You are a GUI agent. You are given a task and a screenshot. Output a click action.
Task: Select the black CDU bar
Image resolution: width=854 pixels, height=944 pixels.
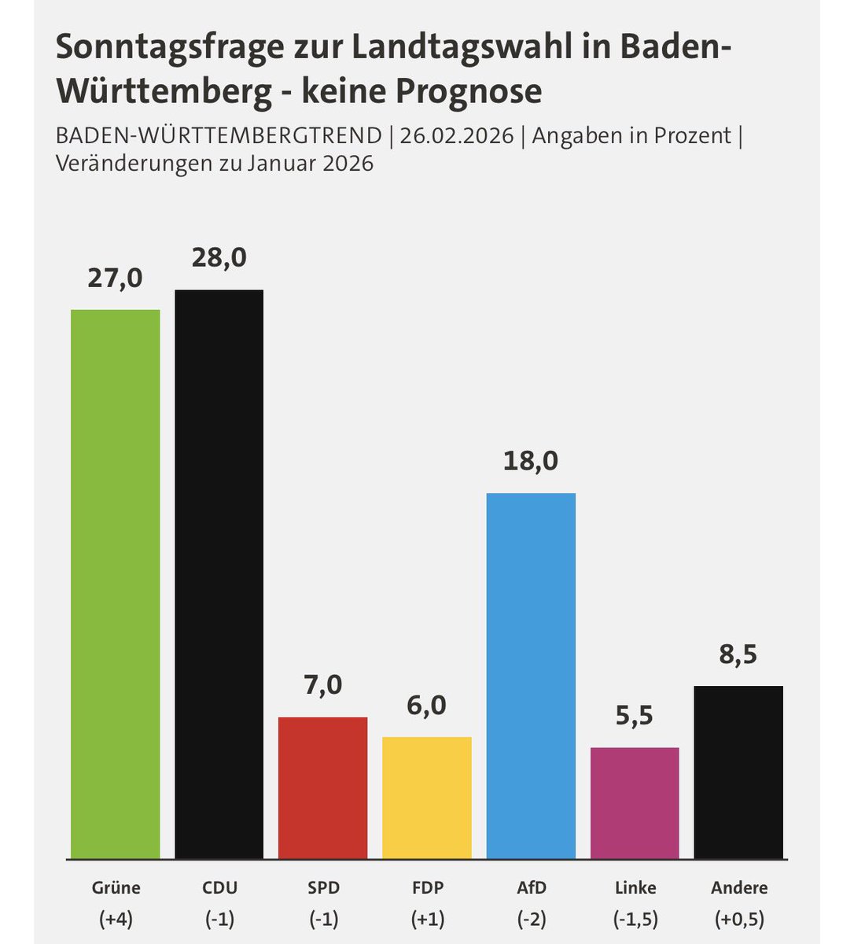[219, 574]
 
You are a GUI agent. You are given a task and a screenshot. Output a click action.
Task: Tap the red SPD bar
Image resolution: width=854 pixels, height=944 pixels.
[322, 787]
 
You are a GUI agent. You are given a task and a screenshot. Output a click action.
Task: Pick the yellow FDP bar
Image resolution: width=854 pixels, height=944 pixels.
[427, 798]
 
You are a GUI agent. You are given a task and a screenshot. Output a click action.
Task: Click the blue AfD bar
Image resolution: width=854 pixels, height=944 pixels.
[531, 676]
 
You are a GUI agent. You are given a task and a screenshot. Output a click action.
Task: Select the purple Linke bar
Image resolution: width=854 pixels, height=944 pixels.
[635, 802]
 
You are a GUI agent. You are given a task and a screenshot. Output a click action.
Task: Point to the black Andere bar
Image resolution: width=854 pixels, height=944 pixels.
[738, 772]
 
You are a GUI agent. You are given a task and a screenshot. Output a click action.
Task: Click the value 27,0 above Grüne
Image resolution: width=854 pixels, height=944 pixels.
[115, 278]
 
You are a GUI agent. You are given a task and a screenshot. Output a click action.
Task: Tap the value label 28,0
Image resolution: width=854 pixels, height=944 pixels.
[219, 258]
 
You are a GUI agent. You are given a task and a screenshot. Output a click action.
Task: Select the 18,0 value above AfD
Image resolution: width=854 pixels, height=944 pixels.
[531, 460]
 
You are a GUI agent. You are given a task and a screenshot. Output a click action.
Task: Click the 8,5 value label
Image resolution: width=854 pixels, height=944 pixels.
[738, 654]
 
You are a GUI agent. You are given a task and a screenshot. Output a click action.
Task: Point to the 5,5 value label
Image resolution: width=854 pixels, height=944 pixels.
[635, 716]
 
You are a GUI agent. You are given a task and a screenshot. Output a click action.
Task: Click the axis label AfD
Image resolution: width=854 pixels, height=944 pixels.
[531, 887]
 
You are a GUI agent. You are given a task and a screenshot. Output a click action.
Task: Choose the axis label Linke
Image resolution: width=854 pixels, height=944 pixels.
[635, 887]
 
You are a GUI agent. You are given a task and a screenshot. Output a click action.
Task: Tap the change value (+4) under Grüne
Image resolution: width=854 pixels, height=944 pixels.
[115, 918]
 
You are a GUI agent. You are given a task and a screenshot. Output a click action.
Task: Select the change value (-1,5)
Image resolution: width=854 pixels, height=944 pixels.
[635, 918]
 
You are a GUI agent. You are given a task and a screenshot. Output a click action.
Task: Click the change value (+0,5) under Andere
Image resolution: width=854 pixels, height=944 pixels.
[738, 918]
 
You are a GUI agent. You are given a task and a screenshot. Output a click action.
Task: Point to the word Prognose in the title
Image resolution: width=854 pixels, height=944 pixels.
[468, 91]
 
